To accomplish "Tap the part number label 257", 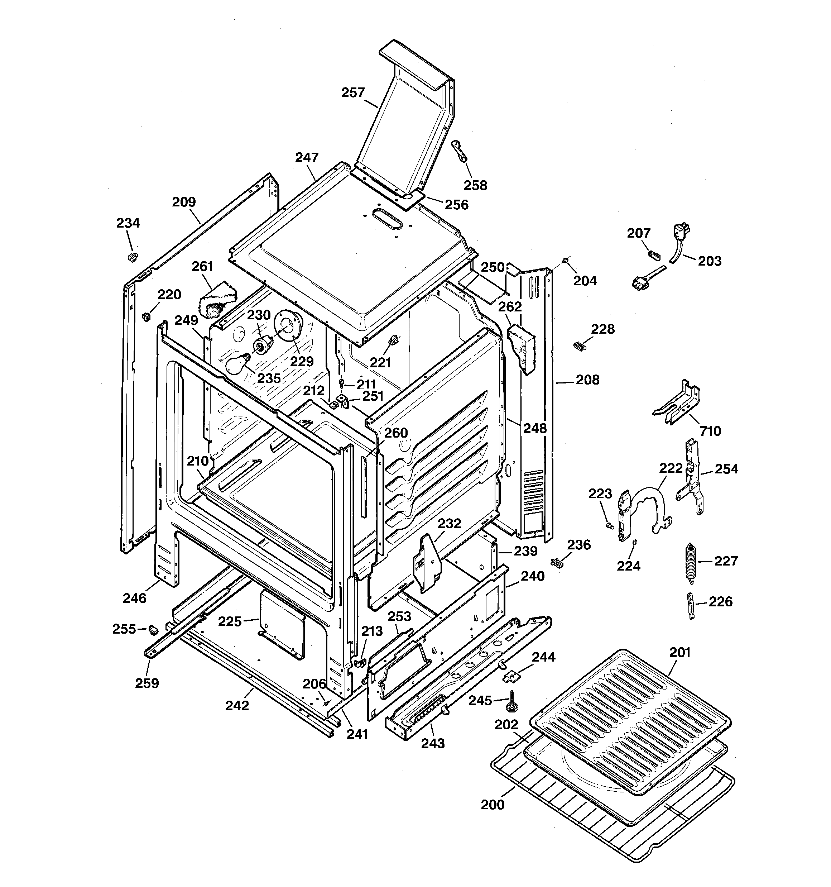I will pyautogui.click(x=353, y=93).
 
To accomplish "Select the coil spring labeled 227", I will pyautogui.click(x=691, y=562).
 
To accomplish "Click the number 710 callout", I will pyautogui.click(x=710, y=431).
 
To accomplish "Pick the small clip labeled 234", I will pyautogui.click(x=133, y=257).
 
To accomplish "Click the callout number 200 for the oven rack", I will pyautogui.click(x=493, y=805).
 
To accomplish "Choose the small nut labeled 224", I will pyautogui.click(x=635, y=543).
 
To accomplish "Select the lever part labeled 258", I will pyautogui.click(x=460, y=151).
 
